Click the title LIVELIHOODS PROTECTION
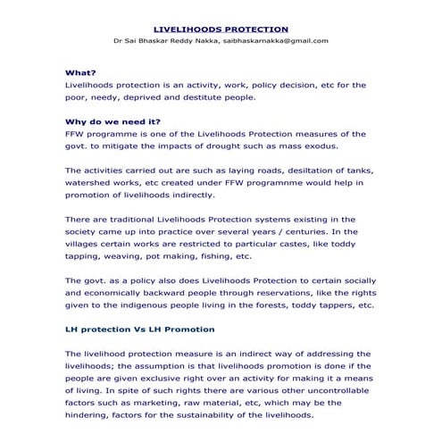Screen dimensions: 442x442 pyautogui.click(x=221, y=29)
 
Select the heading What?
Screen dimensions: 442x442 pyautogui.click(x=81, y=72)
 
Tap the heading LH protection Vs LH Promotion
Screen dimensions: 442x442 pyautogui.click(x=139, y=329)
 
